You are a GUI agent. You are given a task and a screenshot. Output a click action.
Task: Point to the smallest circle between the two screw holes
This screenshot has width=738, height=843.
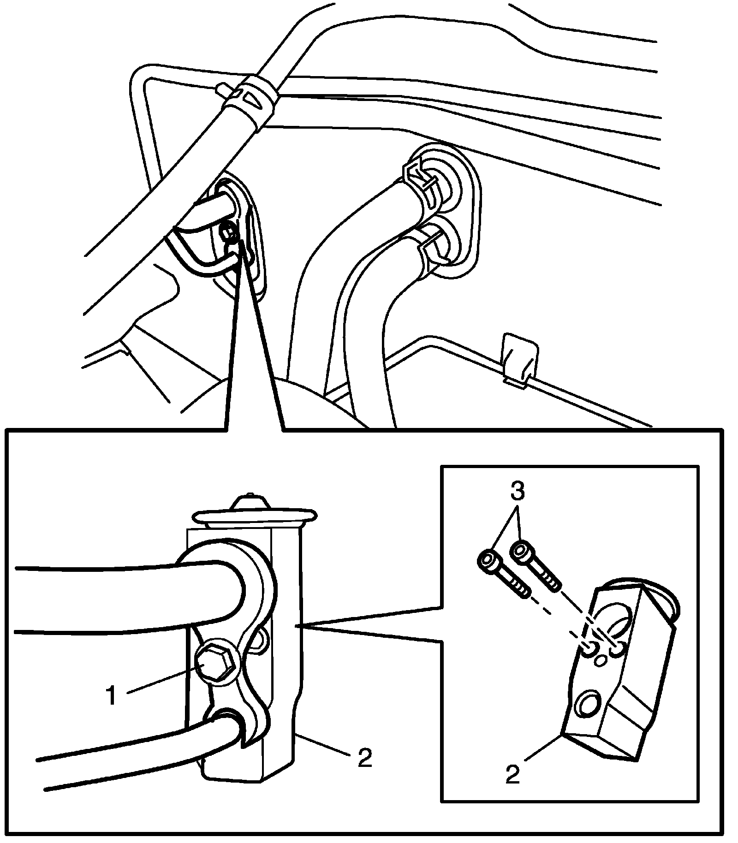600,660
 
